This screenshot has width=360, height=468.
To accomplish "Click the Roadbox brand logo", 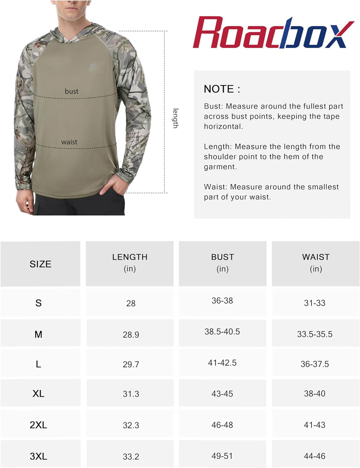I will click(x=273, y=33).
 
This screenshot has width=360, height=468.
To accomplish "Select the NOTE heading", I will click(x=222, y=89).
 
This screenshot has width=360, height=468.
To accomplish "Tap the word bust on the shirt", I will click(x=71, y=91).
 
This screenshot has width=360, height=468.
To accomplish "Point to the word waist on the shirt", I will click(x=69, y=142).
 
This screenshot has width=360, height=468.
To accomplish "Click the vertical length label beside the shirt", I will click(x=175, y=118).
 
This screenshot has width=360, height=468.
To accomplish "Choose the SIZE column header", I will click(x=40, y=264).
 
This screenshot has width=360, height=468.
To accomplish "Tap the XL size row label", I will click(x=38, y=394).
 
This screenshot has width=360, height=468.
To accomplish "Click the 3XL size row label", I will click(x=38, y=457).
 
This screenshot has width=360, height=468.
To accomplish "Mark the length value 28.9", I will click(x=131, y=335).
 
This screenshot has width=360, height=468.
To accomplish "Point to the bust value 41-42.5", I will click(x=222, y=362).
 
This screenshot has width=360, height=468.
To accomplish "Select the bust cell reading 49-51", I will click(x=222, y=456).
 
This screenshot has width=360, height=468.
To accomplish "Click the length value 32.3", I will click(x=131, y=425).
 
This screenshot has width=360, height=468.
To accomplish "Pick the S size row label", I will click(x=38, y=303).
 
